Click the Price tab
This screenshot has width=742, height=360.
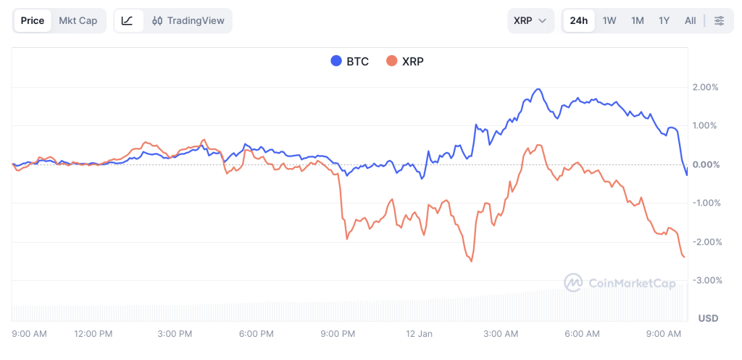click(x=33, y=20)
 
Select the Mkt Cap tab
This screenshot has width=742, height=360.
click(x=78, y=20)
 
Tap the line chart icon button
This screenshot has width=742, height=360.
click(x=128, y=20)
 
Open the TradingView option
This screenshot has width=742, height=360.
click(x=188, y=20)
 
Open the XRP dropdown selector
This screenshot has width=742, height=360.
click(x=530, y=20)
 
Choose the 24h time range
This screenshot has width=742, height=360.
click(x=579, y=20)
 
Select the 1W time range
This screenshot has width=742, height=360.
click(x=609, y=20)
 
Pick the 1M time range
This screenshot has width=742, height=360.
click(x=637, y=20)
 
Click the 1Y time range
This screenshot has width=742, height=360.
click(x=664, y=20)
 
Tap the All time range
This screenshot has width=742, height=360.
click(x=691, y=20)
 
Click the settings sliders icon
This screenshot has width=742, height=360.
click(x=719, y=20)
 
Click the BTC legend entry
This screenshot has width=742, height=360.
click(x=350, y=62)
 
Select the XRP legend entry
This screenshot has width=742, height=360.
click(x=405, y=62)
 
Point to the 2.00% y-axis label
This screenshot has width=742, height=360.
click(x=705, y=87)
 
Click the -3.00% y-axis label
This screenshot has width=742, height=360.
click(x=705, y=280)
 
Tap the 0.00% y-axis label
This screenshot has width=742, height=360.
click(x=705, y=164)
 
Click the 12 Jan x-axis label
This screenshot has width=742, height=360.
click(x=419, y=334)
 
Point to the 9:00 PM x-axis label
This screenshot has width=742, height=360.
click(x=338, y=334)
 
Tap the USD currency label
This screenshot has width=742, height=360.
click(x=708, y=319)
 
